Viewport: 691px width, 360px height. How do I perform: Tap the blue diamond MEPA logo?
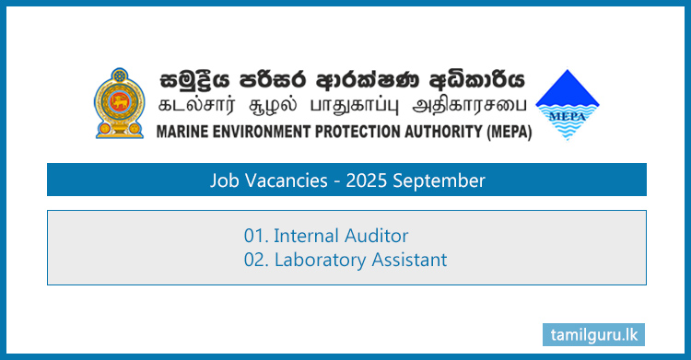[568, 104]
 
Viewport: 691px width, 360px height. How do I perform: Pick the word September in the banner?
[439, 180]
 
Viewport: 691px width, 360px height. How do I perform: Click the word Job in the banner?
[224, 180]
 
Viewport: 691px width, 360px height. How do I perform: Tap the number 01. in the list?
[256, 237]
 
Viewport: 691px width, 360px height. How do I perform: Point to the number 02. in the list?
[256, 261]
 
